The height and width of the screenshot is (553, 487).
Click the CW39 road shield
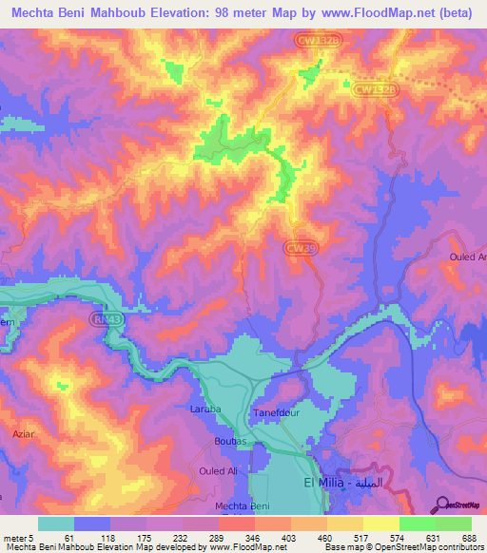point(299,246)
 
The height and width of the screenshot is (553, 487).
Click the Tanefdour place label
point(277,412)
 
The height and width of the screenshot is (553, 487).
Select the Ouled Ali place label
point(217,471)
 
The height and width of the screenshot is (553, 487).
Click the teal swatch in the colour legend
point(55,524)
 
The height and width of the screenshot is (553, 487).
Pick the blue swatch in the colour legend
point(92,524)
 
